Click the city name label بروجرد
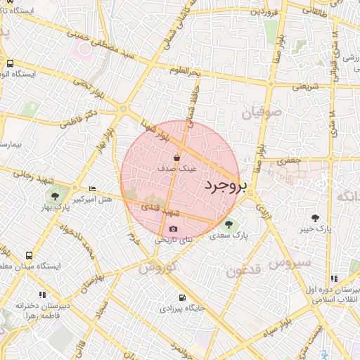click(x=226, y=186)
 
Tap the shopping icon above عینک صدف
click(x=186, y=157)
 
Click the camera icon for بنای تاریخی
click(x=174, y=229)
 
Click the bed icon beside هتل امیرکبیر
click(x=93, y=189)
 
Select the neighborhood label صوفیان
click(x=262, y=112)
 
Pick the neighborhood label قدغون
click(x=245, y=270)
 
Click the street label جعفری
click(x=289, y=160)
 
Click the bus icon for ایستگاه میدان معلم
click(x=29, y=255)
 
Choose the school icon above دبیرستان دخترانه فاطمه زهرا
click(x=42, y=295)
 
